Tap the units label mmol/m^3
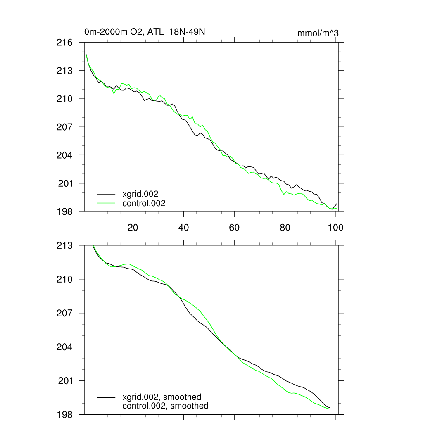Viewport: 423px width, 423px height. [318, 33]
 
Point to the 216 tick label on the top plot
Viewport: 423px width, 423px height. [64, 43]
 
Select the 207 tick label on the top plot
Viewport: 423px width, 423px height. [64, 127]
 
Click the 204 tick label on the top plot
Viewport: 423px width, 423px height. [64, 155]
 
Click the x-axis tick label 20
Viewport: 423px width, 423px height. [133, 228]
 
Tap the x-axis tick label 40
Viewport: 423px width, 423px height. [183, 228]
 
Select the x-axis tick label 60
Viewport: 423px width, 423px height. [234, 228]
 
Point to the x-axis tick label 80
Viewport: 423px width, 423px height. [285, 228]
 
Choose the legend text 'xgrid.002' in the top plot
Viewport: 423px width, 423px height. [140, 194]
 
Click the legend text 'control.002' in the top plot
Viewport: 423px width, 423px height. [144, 203]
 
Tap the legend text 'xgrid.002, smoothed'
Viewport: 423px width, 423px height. [162, 397]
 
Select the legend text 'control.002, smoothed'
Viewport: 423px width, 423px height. [165, 406]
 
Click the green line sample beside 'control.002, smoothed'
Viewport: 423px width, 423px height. [106, 406]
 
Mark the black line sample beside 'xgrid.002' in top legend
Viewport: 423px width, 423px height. [106, 194]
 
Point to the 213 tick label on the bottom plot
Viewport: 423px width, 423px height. [64, 246]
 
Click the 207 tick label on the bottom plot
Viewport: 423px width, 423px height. [64, 313]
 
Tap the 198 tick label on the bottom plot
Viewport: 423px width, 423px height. [64, 414]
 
